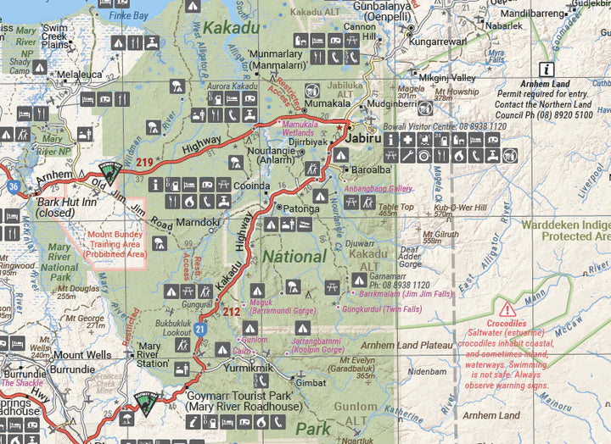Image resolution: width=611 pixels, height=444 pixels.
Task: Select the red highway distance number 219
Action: pyautogui.click(x=143, y=163)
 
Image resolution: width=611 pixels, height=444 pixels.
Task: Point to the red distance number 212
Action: pyautogui.click(x=231, y=312)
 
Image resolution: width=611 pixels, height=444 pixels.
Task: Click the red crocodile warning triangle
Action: pyautogui.click(x=507, y=310)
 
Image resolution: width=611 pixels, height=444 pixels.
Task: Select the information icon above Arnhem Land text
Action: pyautogui.click(x=548, y=69)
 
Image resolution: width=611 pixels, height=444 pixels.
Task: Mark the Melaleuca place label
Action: pyautogui.click(x=80, y=75)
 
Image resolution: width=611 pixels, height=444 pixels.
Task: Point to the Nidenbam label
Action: pyautogui.click(x=427, y=371)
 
